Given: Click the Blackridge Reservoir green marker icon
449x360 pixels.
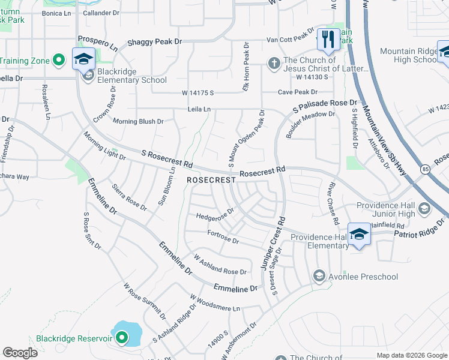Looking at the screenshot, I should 122,338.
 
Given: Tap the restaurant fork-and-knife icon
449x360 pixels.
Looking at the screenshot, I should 328,40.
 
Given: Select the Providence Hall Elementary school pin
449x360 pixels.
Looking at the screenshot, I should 359,234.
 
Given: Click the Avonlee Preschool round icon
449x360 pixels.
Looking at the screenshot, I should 319,277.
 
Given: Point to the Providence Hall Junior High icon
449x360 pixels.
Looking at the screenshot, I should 424,209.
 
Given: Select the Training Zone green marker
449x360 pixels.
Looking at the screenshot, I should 58,60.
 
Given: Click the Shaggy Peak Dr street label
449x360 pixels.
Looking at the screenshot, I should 154,43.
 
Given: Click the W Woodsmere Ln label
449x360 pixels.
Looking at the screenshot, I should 214,302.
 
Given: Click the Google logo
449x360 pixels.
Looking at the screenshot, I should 20,353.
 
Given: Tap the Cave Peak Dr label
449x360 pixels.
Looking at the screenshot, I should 297,92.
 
